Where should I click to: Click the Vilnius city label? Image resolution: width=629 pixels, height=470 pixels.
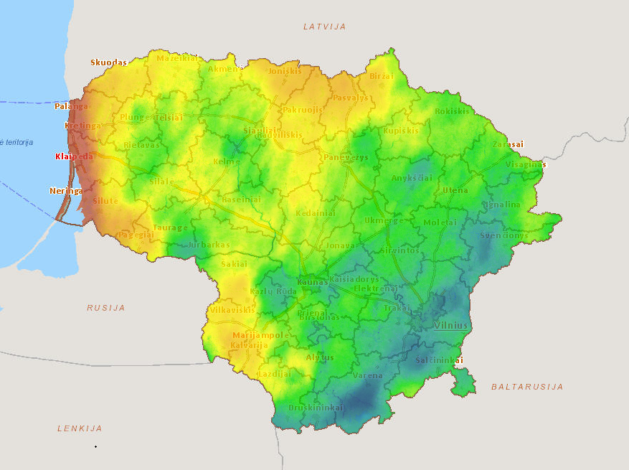tap(450, 326)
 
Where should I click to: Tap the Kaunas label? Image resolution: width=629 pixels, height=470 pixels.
tap(312, 283)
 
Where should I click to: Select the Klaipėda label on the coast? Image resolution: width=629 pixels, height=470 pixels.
tap(74, 156)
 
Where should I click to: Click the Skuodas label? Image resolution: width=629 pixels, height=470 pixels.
tap(108, 62)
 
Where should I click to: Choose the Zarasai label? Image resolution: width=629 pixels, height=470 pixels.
tap(508, 144)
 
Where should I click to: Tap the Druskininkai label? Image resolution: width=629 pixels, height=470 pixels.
tap(316, 408)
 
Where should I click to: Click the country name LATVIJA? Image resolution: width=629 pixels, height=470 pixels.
tap(324, 27)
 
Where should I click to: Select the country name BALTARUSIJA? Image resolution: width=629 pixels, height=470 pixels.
tap(526, 387)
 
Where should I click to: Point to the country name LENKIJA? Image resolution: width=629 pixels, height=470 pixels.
tap(80, 428)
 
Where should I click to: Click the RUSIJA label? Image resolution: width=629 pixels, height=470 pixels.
tap(106, 308)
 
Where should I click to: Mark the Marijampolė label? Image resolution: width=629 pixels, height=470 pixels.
tap(261, 335)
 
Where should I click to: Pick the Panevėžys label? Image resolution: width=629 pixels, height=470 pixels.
tap(346, 157)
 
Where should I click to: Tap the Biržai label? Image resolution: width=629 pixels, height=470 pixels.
tap(382, 76)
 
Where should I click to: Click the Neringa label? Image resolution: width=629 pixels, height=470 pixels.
tap(66, 191)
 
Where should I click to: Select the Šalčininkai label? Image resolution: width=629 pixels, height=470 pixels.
tap(439, 360)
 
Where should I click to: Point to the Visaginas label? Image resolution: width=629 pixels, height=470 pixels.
tap(526, 164)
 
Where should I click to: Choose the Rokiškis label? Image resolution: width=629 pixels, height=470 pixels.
tap(452, 111)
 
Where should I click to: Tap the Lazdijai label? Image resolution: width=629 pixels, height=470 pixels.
tap(274, 374)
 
